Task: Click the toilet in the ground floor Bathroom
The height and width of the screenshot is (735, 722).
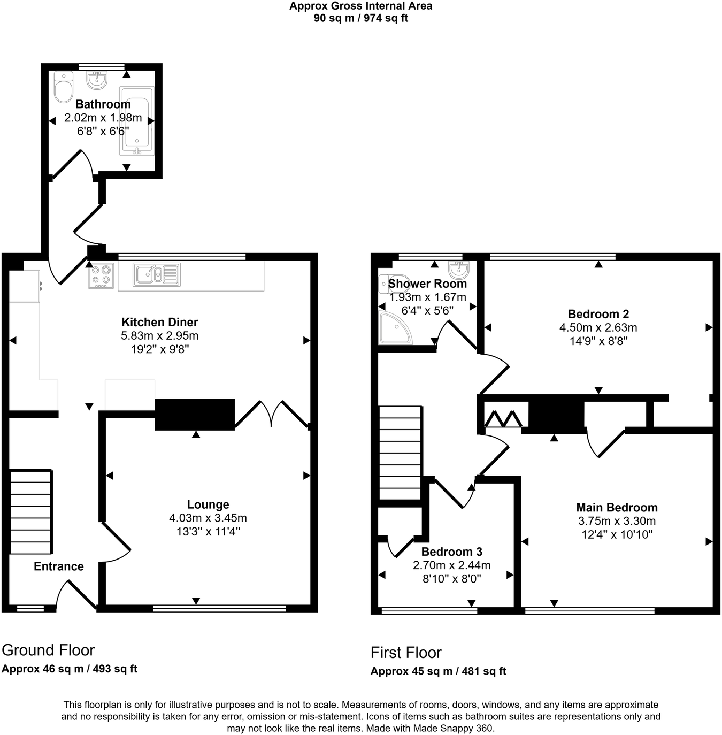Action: [64, 88]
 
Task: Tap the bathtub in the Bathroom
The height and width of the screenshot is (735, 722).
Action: [137, 121]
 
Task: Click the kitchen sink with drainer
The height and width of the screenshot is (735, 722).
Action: [157, 275]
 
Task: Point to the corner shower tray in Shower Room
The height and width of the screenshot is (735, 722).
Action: [394, 328]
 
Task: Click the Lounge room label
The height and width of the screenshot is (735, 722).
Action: [208, 504]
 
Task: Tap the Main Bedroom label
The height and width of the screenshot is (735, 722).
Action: [617, 508]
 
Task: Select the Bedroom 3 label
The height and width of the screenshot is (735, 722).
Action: [451, 552]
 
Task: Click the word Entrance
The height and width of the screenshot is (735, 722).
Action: [59, 566]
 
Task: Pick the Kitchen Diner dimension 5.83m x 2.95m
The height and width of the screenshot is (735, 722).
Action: [159, 336]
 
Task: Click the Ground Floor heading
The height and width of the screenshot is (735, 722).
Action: [48, 650]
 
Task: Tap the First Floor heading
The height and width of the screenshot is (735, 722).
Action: [406, 653]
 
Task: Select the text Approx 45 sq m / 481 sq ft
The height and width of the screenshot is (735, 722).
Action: [438, 671]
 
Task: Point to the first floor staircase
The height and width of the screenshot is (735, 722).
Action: [400, 453]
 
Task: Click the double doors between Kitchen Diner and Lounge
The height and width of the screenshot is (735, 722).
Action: [272, 414]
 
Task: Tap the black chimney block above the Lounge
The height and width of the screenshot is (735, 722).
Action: [195, 414]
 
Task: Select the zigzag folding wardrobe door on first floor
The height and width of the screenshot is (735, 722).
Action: [503, 418]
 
